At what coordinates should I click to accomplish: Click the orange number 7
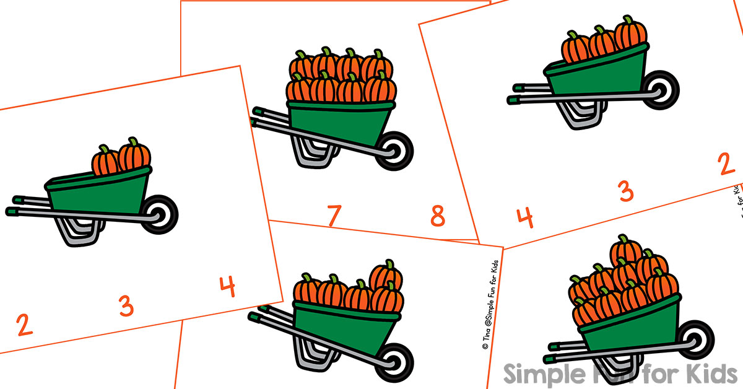click(333, 216)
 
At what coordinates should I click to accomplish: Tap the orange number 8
click(438, 217)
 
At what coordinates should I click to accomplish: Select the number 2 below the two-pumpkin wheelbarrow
click(24, 325)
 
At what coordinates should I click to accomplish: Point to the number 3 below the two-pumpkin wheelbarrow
click(126, 306)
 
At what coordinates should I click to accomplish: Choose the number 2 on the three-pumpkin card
click(726, 165)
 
